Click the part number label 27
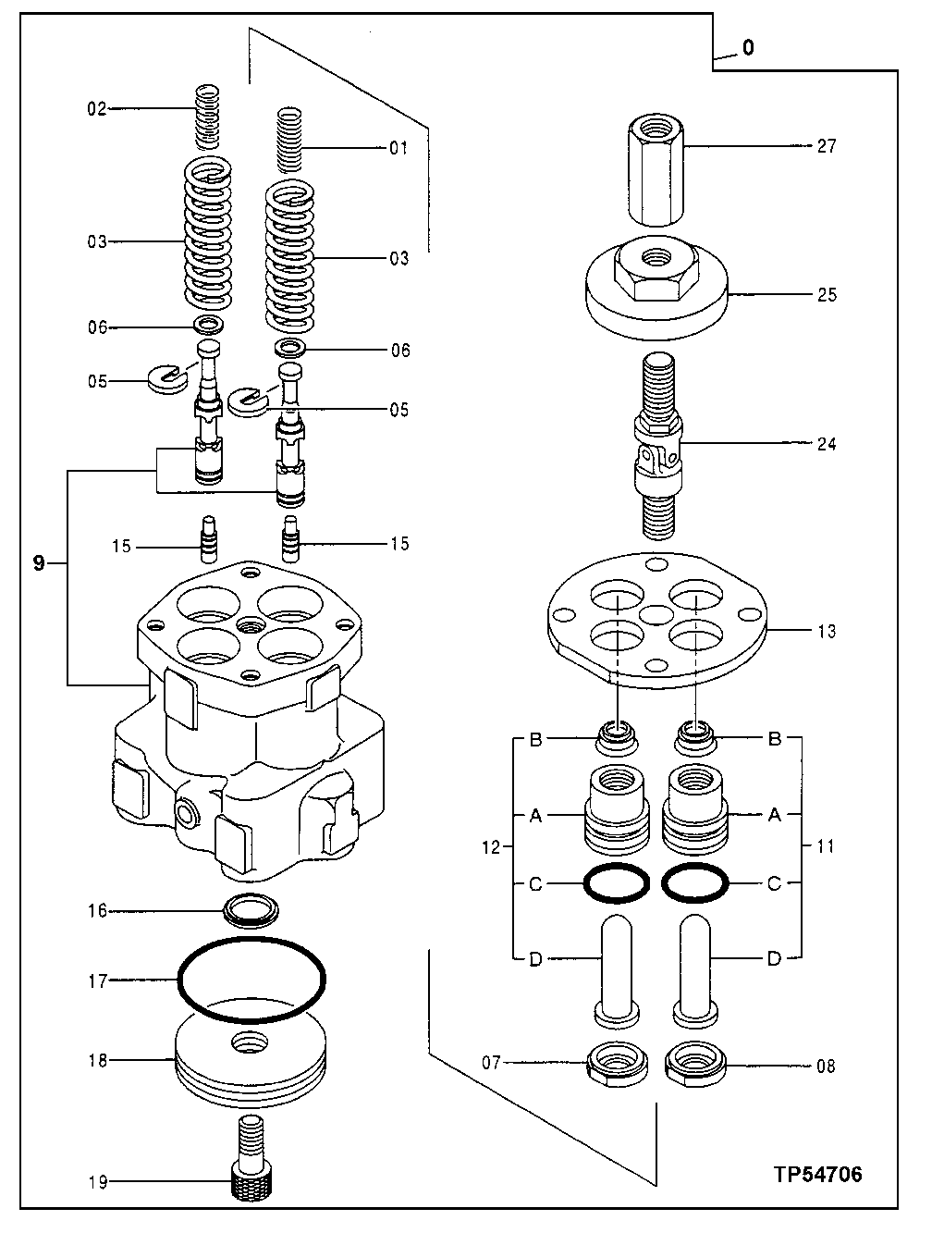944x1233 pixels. (826, 146)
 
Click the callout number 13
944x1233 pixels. (826, 632)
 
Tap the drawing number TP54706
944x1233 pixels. (817, 1175)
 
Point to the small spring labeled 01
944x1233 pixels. (290, 141)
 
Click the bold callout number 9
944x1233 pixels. (39, 563)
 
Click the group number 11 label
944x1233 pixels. (826, 846)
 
